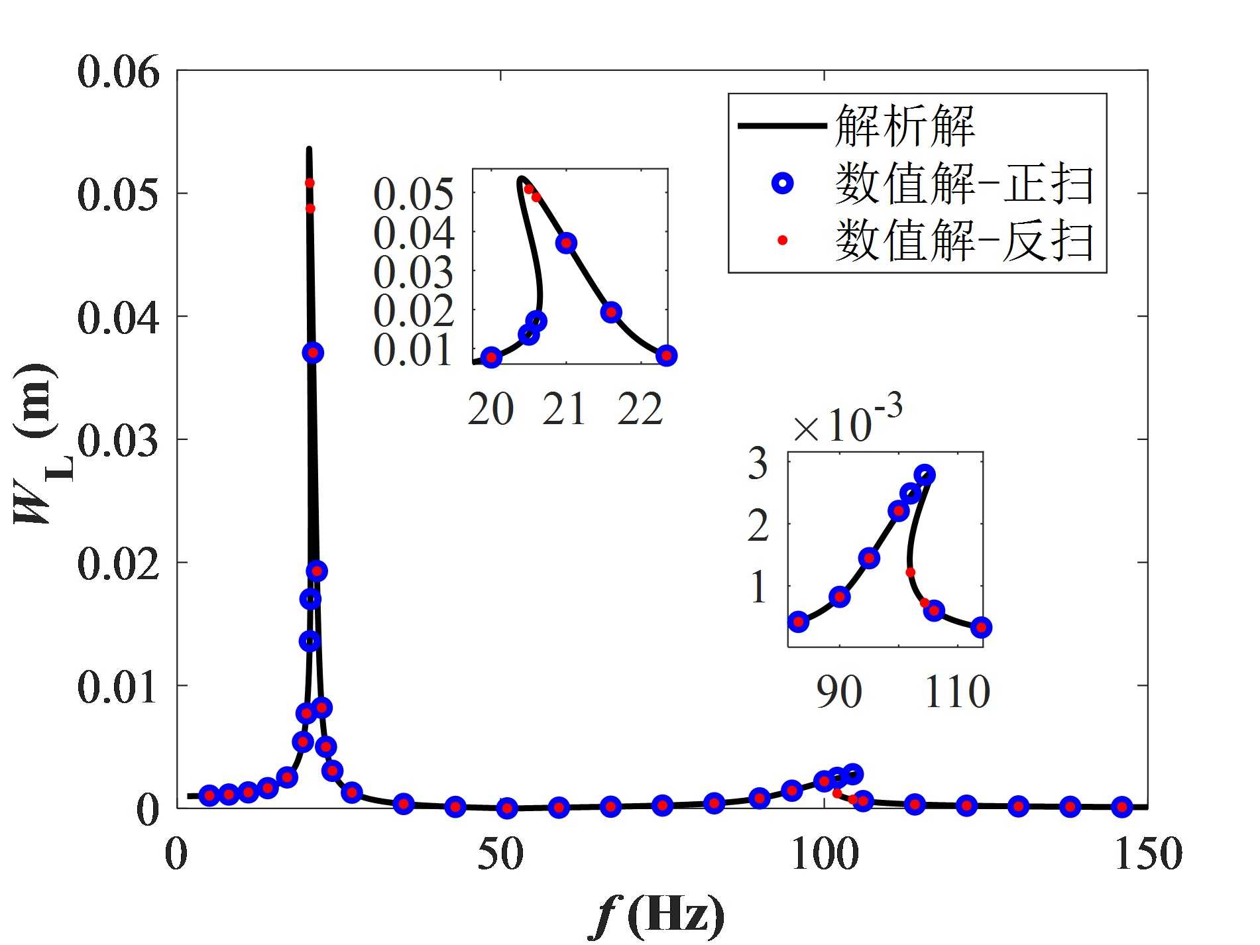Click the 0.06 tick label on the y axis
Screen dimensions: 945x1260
[119, 72]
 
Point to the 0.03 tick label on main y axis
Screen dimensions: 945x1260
[119, 440]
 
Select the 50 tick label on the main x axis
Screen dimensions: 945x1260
[500, 854]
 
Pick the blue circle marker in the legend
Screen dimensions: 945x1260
[783, 184]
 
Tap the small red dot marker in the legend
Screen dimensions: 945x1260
[782, 240]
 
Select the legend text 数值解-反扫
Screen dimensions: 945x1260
[964, 240]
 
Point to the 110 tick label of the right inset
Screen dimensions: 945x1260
[956, 693]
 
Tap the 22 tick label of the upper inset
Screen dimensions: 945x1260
[640, 410]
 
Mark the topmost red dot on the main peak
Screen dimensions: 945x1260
[310, 182]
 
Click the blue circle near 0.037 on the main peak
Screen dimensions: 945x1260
[313, 353]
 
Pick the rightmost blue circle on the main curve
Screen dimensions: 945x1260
[1121, 806]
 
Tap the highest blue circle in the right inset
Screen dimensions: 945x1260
[925, 474]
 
